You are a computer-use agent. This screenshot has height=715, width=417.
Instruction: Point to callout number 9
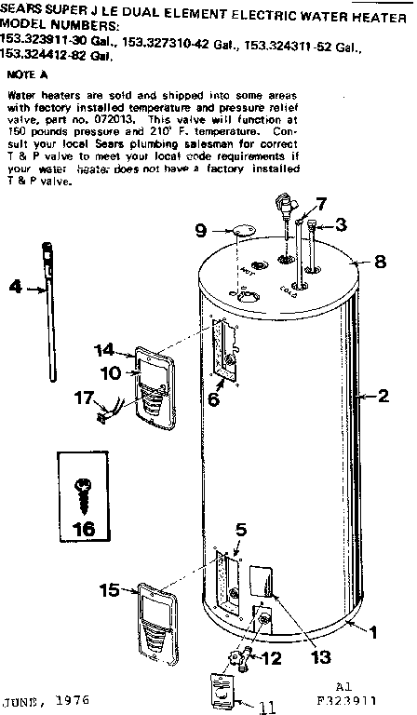click(200, 229)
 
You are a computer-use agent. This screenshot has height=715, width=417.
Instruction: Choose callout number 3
click(342, 224)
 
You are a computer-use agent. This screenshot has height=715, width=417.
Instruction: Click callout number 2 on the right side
click(382, 396)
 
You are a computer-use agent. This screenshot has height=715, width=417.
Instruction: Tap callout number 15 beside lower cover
click(108, 588)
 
